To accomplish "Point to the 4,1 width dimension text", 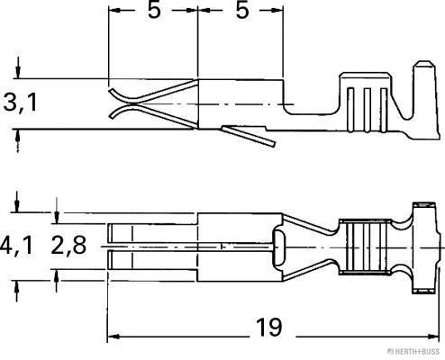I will point(17,246).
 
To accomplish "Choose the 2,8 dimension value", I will point(68,246).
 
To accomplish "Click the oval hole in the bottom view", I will point(280,244).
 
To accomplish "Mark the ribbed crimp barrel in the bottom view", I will point(366,245).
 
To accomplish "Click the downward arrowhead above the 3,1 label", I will point(19,69).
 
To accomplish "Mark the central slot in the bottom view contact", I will point(149,245).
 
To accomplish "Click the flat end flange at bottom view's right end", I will point(422,245).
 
